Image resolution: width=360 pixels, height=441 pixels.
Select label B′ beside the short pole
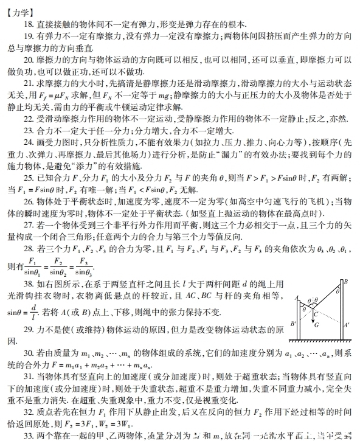click(294, 323)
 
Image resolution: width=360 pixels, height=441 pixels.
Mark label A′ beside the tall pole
click(347, 324)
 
